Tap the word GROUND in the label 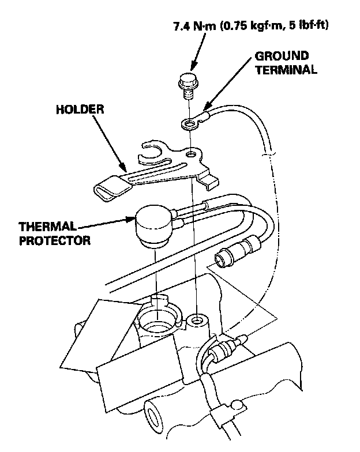click(282, 56)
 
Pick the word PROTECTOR click(55, 240)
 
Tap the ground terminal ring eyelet click(187, 123)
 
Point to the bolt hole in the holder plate click(189, 154)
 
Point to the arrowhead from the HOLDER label click(125, 171)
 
